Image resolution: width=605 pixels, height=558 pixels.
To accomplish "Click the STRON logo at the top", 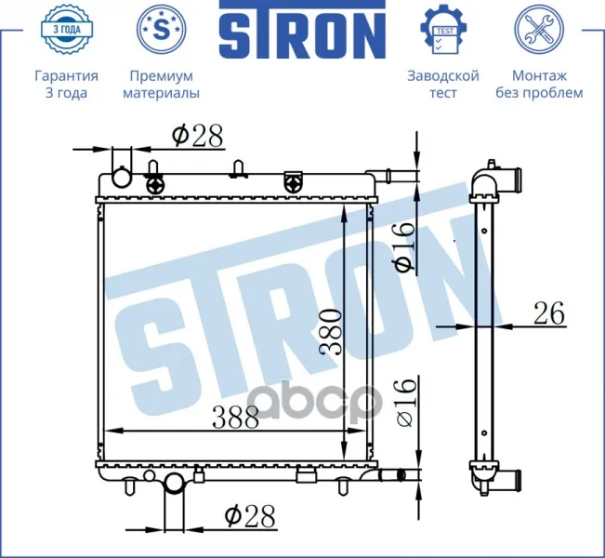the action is [302, 30].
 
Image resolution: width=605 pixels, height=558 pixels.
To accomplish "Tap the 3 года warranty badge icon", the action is [67, 29].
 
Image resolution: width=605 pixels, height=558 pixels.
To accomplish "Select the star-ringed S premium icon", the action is [162, 29].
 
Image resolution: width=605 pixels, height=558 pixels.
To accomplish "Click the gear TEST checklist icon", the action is [443, 30].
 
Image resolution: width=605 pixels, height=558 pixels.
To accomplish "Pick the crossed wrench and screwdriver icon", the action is [539, 29].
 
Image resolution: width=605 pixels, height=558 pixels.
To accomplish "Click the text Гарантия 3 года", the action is [66, 85].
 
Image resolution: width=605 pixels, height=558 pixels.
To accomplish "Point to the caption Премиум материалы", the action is [162, 85].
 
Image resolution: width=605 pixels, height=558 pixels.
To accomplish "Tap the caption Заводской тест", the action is [443, 85].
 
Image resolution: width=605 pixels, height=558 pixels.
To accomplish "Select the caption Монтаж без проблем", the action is [539, 85].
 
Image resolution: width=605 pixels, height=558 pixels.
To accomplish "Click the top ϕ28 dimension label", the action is [197, 135].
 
